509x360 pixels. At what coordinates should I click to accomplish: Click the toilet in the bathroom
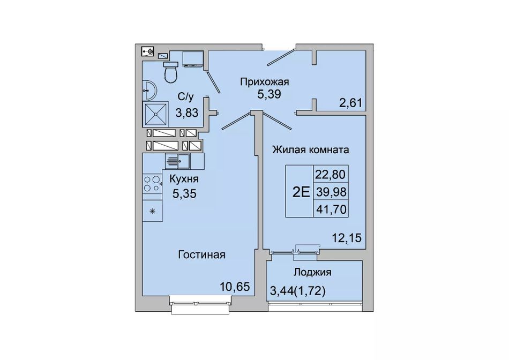171,72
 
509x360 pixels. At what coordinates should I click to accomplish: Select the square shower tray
156,114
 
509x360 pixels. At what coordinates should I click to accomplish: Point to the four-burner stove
152,184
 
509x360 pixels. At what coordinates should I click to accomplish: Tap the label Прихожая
265,82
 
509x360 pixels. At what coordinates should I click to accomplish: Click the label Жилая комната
311,149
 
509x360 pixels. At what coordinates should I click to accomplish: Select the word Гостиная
201,254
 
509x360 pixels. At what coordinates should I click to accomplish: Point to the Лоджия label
312,272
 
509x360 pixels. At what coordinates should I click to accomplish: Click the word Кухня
184,179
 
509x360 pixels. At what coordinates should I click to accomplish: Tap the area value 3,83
186,113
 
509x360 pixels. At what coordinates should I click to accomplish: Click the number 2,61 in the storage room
350,103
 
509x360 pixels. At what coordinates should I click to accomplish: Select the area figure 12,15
346,238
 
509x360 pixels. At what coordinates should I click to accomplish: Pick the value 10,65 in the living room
235,287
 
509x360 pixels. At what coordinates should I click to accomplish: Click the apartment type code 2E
301,192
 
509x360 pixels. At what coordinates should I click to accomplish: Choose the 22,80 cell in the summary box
330,175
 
